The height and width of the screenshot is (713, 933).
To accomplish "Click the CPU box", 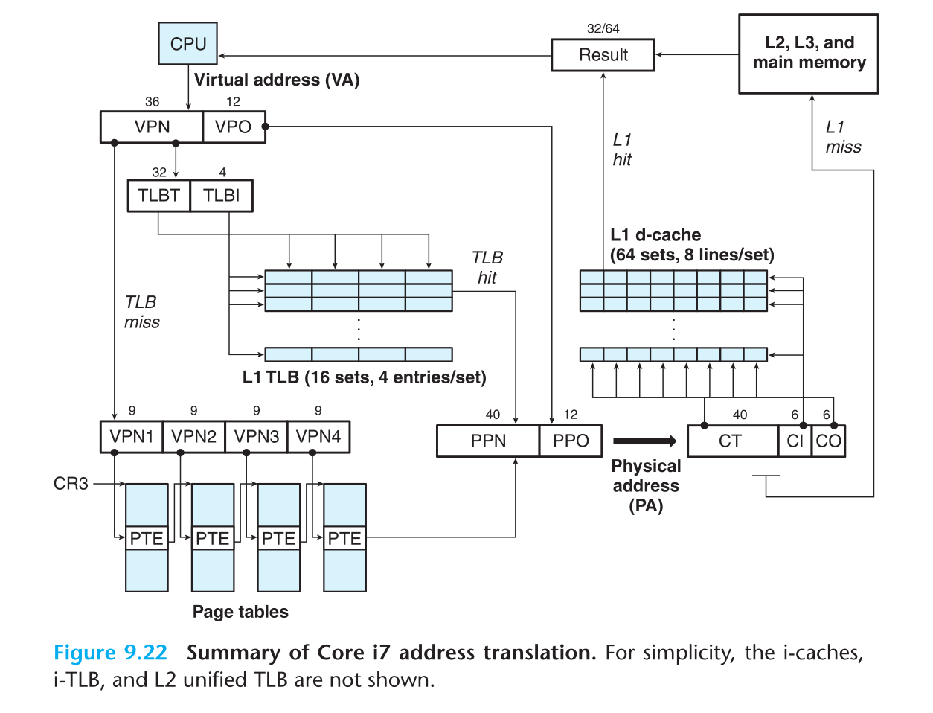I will point(187,43).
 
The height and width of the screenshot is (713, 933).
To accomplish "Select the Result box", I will point(603,55).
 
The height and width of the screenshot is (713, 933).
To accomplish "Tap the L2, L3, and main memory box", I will point(809,54).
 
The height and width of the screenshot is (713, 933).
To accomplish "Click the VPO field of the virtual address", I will point(233,127).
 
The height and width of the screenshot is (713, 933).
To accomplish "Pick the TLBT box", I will point(158,196).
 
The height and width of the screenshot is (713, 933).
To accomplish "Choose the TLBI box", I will point(221,196).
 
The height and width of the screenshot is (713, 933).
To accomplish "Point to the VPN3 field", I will point(257,437).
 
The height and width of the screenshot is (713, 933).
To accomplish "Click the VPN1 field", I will point(132,437).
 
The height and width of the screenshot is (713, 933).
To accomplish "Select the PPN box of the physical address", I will point(488,441).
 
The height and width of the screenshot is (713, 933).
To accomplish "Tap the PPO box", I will point(571,441).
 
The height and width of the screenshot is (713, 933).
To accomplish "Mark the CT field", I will point(731,441).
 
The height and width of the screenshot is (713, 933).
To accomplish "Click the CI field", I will point(795,441).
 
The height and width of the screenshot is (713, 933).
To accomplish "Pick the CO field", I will point(828,441).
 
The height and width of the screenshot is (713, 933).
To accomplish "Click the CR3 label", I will point(71,484).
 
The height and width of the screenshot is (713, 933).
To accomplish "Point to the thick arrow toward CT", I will point(644,441).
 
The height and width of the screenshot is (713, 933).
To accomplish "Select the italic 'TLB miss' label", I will point(141,312).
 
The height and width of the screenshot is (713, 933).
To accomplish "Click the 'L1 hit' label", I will point(622,150).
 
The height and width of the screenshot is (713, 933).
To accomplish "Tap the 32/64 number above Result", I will point(603,28).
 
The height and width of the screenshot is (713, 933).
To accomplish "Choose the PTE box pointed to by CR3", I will point(147,538).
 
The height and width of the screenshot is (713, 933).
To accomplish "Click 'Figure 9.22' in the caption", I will point(110,653).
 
